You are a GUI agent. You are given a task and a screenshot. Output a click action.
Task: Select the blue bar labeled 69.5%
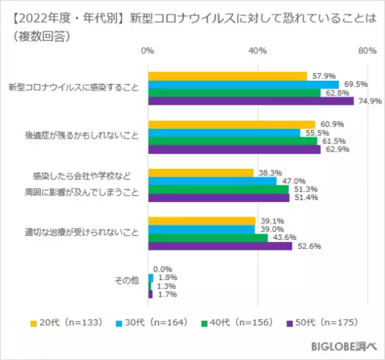pos(243,84)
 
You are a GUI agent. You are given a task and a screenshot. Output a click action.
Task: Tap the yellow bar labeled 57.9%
pos(227,76)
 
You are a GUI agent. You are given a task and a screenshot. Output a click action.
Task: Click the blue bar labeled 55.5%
pos(224,133)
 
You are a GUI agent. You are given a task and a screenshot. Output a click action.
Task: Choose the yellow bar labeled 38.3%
pos(200,173)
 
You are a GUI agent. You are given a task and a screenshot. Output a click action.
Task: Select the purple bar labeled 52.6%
pos(220,246)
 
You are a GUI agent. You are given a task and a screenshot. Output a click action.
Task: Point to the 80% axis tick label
pos(367,51)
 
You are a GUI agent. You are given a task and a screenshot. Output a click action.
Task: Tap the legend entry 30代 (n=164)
pos(148,322)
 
